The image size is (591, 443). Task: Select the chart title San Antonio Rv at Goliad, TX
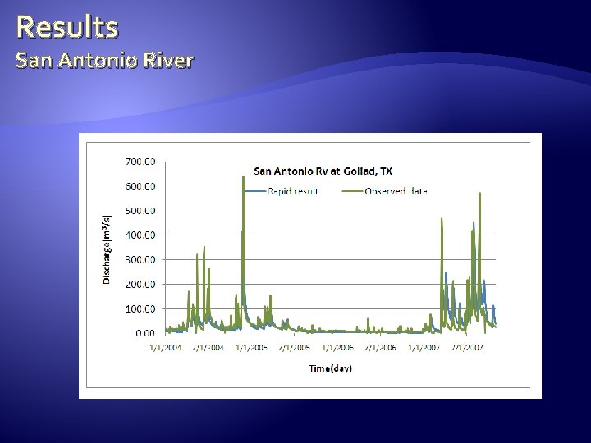[323, 171]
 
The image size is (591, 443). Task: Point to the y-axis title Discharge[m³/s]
[106, 247]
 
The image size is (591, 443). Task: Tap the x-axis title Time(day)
[330, 368]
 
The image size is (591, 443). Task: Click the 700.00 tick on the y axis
[140, 161]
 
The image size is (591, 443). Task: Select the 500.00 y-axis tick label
[140, 210]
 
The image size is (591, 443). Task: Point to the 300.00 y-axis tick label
[140, 259]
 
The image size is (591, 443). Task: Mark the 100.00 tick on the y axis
[140, 308]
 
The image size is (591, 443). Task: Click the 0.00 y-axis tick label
[144, 333]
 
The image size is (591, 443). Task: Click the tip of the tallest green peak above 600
[243, 176]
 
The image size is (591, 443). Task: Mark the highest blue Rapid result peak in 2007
[473, 221]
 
